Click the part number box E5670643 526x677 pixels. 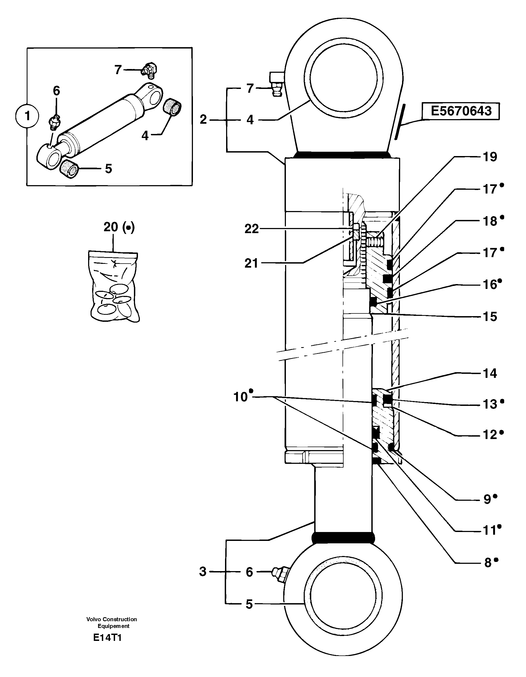pyautogui.click(x=461, y=111)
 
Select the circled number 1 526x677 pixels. pyautogui.click(x=27, y=116)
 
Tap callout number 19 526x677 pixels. pyautogui.click(x=490, y=157)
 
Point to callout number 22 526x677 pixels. pyautogui.click(x=251, y=229)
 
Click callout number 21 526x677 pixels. pyautogui.click(x=251, y=263)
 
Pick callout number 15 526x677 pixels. pyautogui.click(x=490, y=316)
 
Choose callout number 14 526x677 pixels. pyautogui.click(x=490, y=373)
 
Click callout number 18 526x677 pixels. pyautogui.click(x=490, y=221)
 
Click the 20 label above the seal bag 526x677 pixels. pyautogui.click(x=111, y=227)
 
